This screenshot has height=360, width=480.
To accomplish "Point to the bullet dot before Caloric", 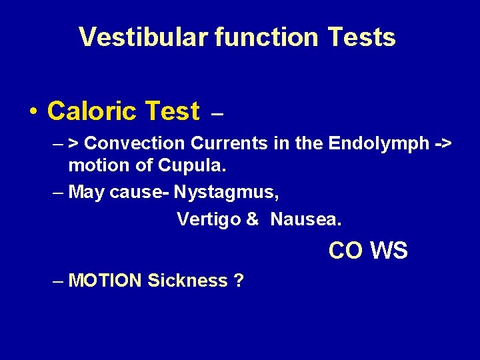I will click(33, 112).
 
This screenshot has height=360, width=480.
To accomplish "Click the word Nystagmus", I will click(227, 192).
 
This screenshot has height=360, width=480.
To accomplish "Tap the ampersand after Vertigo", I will click(253, 219).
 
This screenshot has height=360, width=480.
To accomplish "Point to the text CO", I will click(345, 251).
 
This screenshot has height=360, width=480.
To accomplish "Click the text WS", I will click(389, 251).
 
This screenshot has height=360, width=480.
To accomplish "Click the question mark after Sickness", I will click(239, 281).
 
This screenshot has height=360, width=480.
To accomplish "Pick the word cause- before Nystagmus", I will click(139, 192).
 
